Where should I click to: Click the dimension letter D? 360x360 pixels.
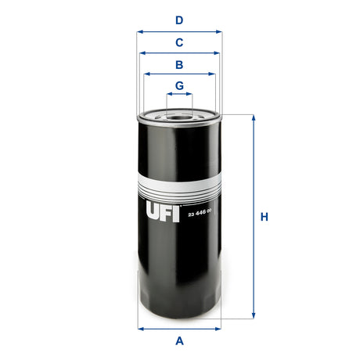[179, 20]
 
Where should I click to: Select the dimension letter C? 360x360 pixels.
[179, 42]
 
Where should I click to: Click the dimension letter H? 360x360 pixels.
[265, 217]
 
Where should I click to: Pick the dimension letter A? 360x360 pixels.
[179, 340]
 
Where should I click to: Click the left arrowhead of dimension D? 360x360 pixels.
[139, 32]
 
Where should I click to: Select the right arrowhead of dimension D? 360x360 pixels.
[219, 32]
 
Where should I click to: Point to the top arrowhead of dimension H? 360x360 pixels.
[253, 117]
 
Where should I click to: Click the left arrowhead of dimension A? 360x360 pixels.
[139, 328]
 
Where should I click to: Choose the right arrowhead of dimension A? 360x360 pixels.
[219, 328]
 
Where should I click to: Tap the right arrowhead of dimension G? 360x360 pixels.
[190, 95]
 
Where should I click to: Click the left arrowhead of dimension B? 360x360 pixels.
[146, 74]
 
